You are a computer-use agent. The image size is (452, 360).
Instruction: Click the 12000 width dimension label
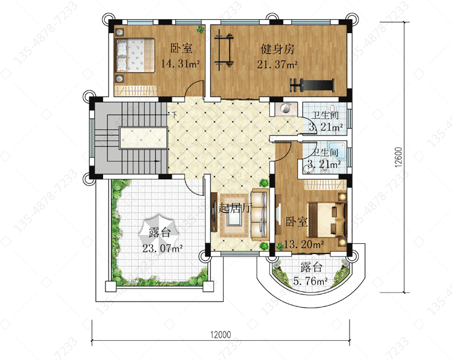coord(221,335)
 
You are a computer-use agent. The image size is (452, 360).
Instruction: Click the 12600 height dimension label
coord(398,157)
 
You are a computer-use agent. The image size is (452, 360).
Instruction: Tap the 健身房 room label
coord(278,49)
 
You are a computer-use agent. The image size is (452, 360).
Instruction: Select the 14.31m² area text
coord(180,64)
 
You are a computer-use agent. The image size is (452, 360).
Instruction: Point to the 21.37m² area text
coord(277,64)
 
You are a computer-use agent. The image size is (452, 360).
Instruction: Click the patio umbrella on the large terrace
coord(159,232)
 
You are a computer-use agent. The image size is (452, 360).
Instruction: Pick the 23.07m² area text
coord(162,247)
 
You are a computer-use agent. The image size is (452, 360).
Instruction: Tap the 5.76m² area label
coord(310,281)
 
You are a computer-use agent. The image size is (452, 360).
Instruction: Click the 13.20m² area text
coord(304,244)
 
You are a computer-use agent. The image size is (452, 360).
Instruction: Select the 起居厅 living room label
coord(235,208)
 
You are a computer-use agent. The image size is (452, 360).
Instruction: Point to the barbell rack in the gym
coord(224,50)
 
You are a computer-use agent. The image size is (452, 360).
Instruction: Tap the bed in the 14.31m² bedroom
coord(136,55)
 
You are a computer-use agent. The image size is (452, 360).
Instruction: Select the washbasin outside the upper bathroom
coord(286,109)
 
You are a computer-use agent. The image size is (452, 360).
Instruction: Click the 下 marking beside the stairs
coord(174,115)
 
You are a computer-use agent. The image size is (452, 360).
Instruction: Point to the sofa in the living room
coord(260,214)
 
